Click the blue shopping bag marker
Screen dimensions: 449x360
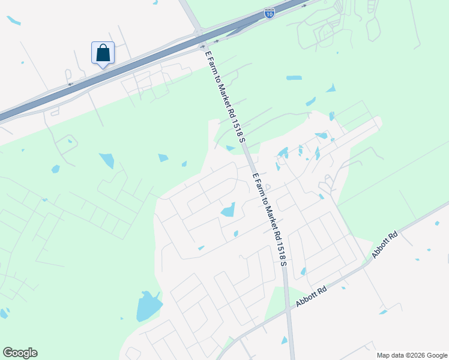[x=103, y=53]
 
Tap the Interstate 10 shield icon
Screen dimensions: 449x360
[x=270, y=13]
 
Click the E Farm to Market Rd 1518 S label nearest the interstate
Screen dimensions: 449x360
[x=226, y=95]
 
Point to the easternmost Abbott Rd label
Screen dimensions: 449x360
[x=385, y=245]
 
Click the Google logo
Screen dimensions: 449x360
[x=20, y=353]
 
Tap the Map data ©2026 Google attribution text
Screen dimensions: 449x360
[x=411, y=355]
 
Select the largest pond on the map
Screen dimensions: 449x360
[x=148, y=306]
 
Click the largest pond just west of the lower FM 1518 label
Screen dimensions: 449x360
[x=228, y=210]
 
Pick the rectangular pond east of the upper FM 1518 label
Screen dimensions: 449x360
[x=294, y=78]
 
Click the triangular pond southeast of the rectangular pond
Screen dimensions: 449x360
[x=331, y=88]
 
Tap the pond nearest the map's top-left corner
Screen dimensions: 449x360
[x=13, y=21]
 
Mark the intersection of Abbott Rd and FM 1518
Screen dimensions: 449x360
[x=288, y=307]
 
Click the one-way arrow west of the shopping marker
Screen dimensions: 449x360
[x=70, y=85]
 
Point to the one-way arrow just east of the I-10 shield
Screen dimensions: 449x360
[x=305, y=5]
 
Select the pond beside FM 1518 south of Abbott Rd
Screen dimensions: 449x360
[x=284, y=340]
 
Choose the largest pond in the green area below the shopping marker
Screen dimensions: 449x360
[x=107, y=160]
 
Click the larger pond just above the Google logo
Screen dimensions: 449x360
[x=4, y=313]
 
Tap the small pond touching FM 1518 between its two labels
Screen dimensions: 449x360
[x=231, y=148]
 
